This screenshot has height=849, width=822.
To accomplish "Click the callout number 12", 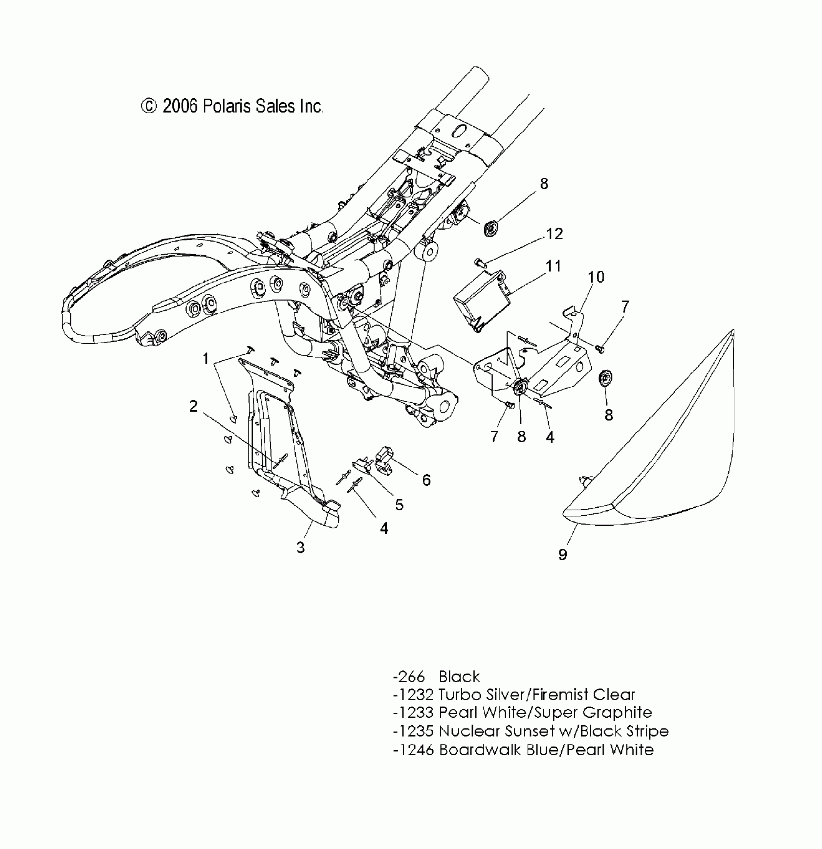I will point(555,234).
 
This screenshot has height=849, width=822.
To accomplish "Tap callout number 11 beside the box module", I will point(553,267).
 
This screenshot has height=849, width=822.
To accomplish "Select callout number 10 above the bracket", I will point(596,277).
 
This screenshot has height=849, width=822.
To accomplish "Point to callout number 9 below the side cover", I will point(562,554).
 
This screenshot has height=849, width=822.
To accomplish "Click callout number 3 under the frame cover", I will point(301,548).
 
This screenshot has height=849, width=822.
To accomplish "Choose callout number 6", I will point(426,480).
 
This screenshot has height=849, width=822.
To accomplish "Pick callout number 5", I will point(399,505).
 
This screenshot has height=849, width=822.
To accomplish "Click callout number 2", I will point(193,406).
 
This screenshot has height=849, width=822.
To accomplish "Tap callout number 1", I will point(206,358).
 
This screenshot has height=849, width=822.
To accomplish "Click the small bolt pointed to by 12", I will point(479,262).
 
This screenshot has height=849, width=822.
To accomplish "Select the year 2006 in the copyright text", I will point(180,106).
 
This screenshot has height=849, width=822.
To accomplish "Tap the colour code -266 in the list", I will point(409,676).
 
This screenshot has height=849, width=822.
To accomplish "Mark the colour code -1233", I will point(413,713).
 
